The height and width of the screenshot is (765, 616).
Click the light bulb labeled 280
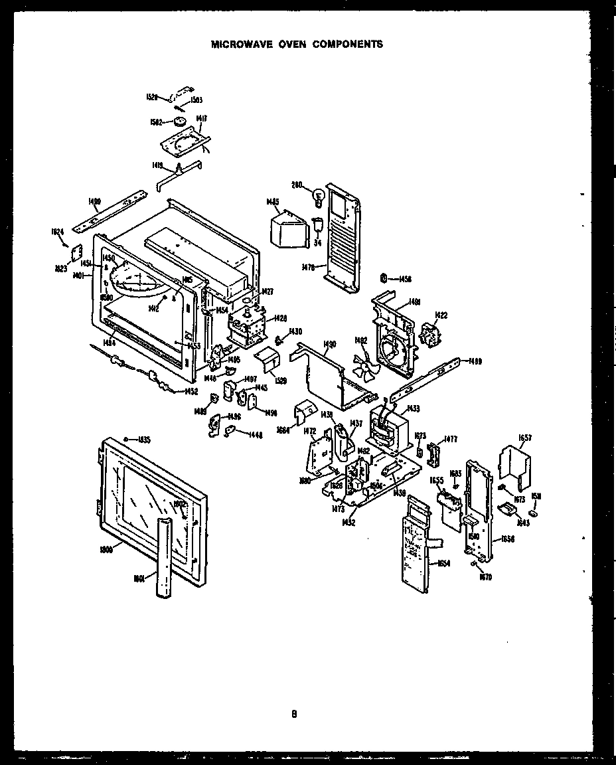[317, 195]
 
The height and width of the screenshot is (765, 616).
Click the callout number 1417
[202, 118]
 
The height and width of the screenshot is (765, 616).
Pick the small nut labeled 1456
[384, 278]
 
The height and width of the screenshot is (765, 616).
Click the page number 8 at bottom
[293, 715]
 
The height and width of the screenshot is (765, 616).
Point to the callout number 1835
[143, 440]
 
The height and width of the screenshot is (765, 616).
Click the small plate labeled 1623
[76, 253]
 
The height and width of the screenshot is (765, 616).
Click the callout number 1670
[485, 576]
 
